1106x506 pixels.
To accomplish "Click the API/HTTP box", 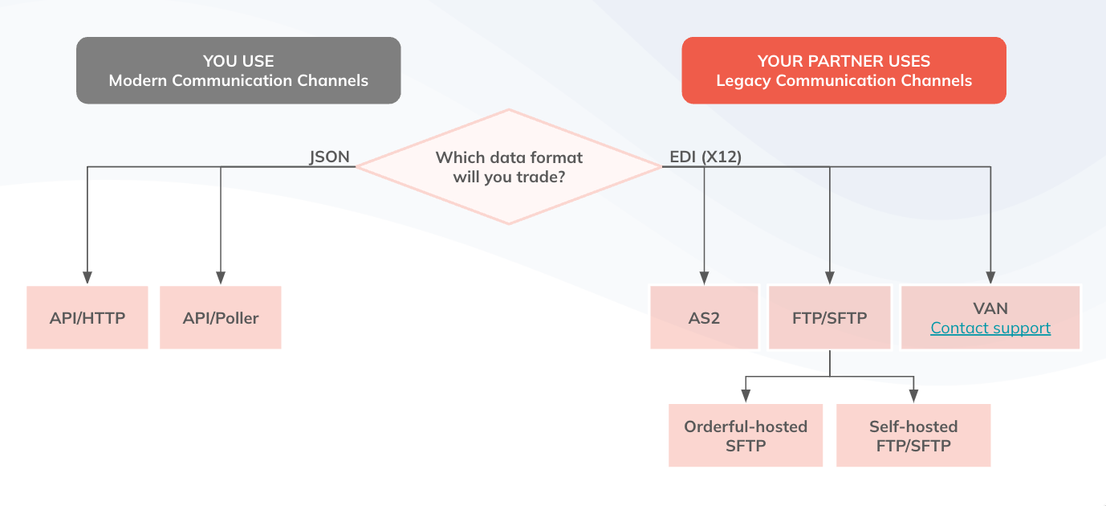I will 87,317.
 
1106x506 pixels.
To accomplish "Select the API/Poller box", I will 221,317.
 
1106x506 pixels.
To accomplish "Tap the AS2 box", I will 704,317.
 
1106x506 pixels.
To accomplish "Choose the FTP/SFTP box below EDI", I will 830,317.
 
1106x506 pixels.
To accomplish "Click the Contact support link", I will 990,328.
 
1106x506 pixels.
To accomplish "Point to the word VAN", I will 990,308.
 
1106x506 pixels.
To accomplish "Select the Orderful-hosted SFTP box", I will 746,435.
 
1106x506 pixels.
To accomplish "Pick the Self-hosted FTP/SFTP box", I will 913,435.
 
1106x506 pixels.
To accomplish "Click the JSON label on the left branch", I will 330,157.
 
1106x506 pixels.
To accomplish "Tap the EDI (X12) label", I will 705,157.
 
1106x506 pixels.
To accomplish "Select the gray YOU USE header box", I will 238,71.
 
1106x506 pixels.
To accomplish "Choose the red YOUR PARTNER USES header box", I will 844,71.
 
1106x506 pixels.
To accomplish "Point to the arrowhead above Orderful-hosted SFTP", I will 746,396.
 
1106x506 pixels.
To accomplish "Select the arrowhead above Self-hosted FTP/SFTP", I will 913,396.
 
